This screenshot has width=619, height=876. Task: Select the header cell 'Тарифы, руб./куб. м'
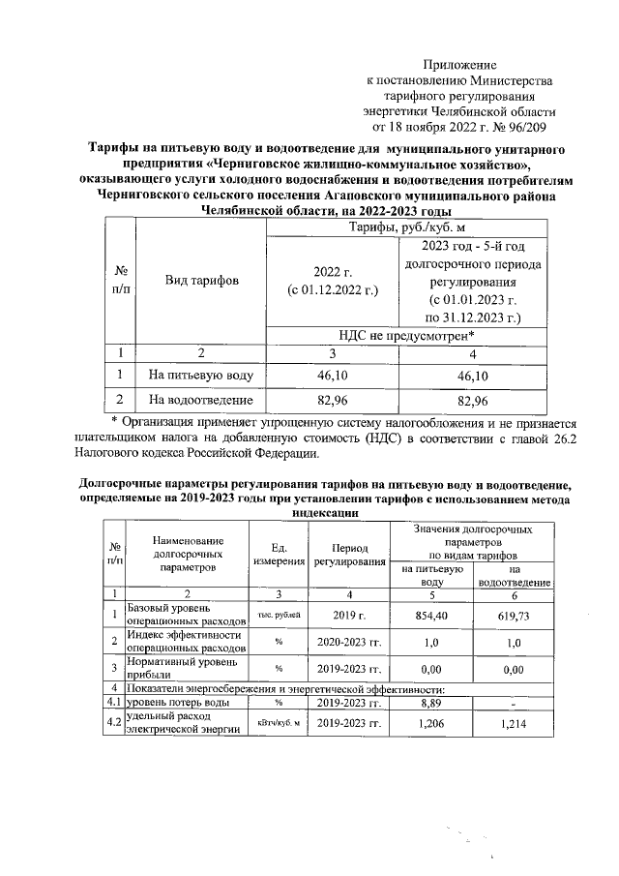[393, 227]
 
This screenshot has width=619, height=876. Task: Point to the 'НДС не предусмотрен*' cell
[393, 334]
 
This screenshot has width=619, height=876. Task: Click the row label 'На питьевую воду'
[201, 374]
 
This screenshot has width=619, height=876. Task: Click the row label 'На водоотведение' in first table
[201, 400]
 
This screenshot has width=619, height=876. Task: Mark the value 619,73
[514, 614]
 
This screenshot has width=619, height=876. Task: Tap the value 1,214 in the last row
[514, 722]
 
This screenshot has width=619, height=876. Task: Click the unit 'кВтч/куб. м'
[279, 723]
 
